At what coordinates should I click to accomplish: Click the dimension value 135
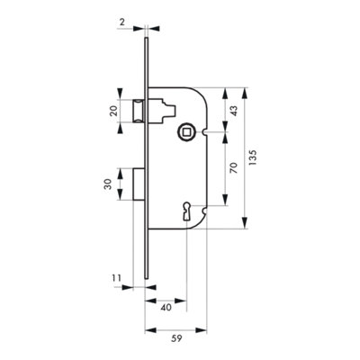click(252, 157)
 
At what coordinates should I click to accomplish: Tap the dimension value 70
click(233, 167)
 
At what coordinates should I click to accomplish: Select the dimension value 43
click(233, 111)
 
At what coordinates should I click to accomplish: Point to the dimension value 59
click(176, 338)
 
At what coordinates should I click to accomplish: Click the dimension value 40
click(166, 308)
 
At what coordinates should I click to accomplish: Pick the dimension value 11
click(117, 278)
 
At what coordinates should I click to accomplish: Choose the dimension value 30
click(107, 184)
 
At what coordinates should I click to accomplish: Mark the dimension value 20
click(113, 112)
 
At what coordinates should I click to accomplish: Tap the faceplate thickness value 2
click(121, 22)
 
